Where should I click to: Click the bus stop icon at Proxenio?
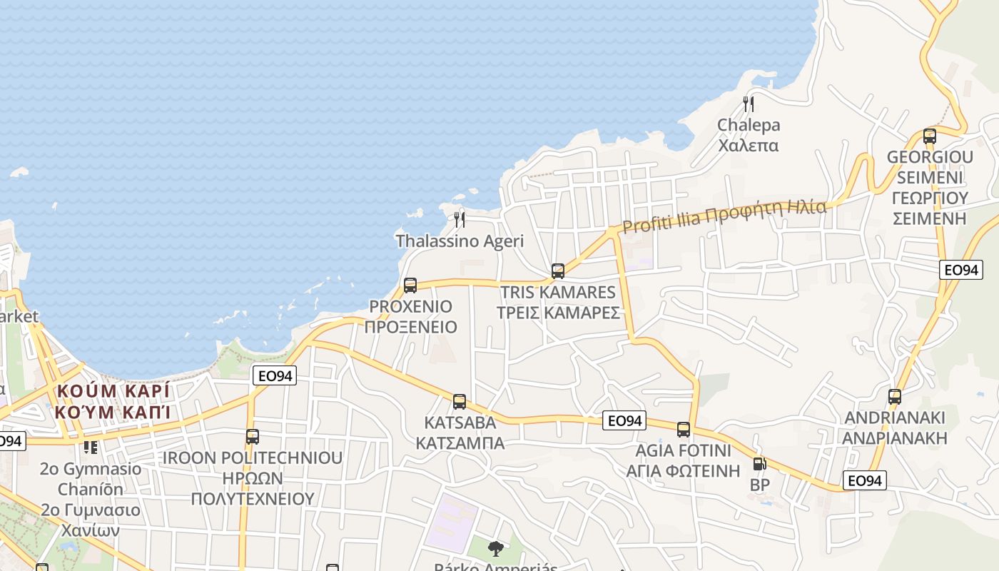click(410, 285)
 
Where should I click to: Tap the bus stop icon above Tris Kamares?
click(558, 271)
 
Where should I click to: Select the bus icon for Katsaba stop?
click(460, 401)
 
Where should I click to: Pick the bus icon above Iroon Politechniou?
click(252, 436)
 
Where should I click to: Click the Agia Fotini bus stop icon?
click(684, 430)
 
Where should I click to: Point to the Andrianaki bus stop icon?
click(895, 397)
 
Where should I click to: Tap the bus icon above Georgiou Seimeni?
click(930, 136)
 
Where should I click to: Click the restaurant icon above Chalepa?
click(749, 104)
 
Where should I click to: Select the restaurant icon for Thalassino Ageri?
click(460, 219)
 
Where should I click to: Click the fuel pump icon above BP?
click(759, 464)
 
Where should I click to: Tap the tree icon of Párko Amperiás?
click(495, 549)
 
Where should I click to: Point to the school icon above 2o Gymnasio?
click(91, 448)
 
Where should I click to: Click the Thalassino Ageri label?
click(460, 241)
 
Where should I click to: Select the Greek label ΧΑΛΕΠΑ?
click(749, 146)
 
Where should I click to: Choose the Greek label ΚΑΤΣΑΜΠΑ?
click(460, 443)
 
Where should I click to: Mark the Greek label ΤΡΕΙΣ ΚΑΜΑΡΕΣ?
click(558, 313)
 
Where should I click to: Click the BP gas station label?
click(759, 485)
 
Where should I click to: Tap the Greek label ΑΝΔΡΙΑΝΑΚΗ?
click(895, 438)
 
